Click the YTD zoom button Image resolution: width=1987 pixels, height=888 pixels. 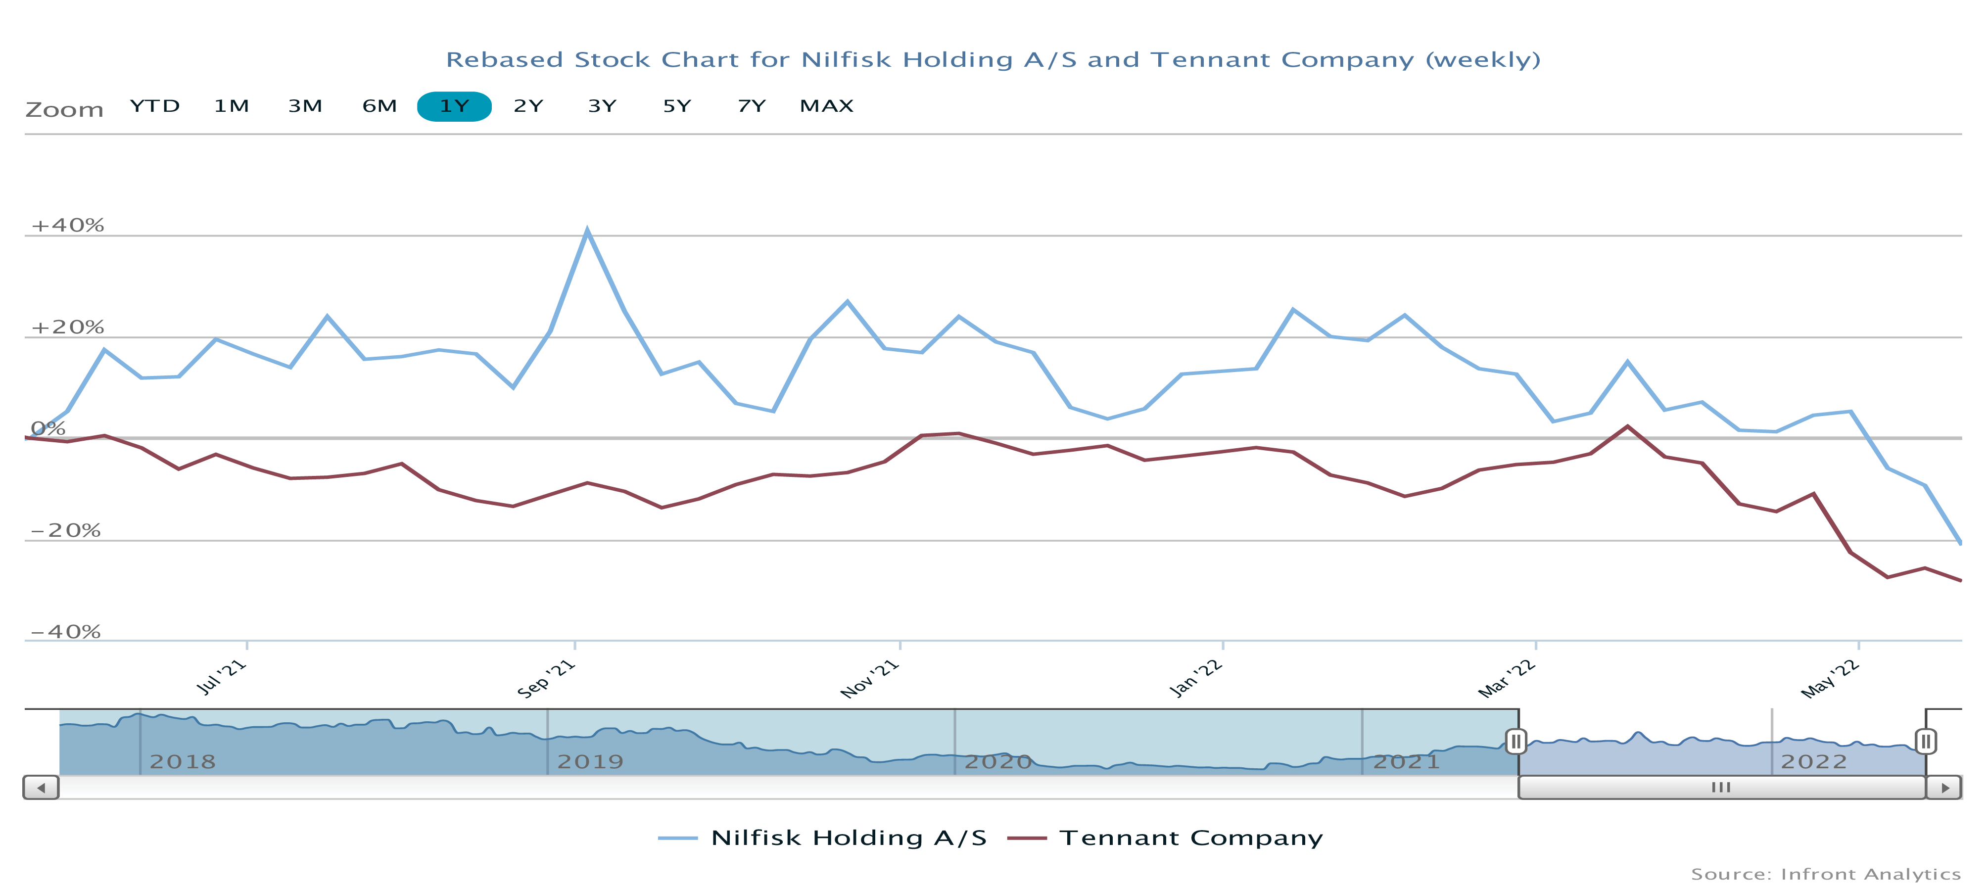[154, 106]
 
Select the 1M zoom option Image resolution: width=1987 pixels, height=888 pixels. [232, 106]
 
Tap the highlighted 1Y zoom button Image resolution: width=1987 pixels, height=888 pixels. [454, 106]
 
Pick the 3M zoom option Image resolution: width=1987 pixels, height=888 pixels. [305, 106]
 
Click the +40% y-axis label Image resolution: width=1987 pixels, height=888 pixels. [67, 225]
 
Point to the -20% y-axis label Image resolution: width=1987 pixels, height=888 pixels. [66, 531]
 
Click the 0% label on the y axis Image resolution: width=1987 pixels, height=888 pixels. [48, 429]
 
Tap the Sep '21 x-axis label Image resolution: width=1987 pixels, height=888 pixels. [546, 679]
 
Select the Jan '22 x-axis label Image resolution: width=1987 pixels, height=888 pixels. [1195, 679]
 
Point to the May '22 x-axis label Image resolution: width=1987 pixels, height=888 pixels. [1830, 679]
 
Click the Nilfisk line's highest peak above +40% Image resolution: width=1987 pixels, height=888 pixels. [587, 230]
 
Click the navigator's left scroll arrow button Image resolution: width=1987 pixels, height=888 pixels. [41, 788]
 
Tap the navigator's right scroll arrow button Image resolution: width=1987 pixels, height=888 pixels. [1944, 788]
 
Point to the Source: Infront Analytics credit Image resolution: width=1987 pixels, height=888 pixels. [1825, 874]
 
